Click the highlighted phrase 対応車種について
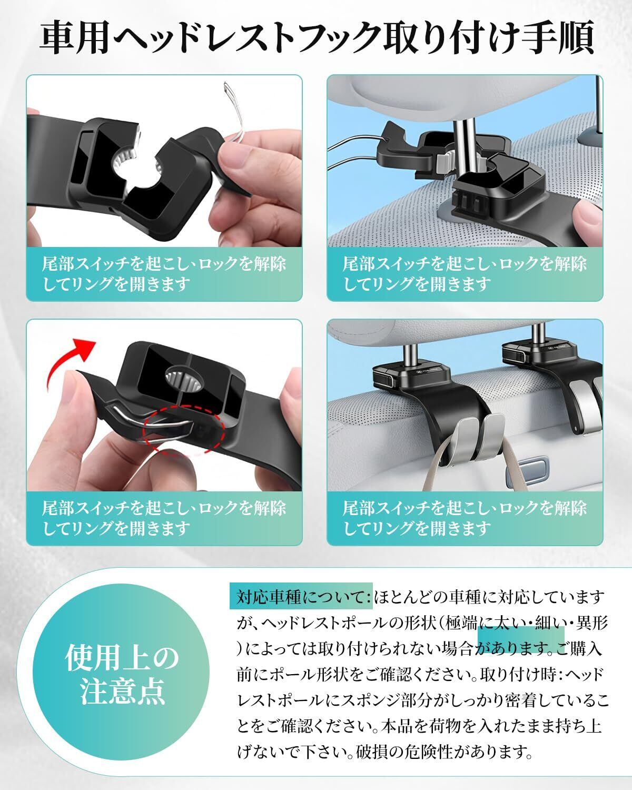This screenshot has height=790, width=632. [301, 597]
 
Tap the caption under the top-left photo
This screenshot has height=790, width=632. [164, 273]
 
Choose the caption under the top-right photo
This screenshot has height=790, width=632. [465, 273]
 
